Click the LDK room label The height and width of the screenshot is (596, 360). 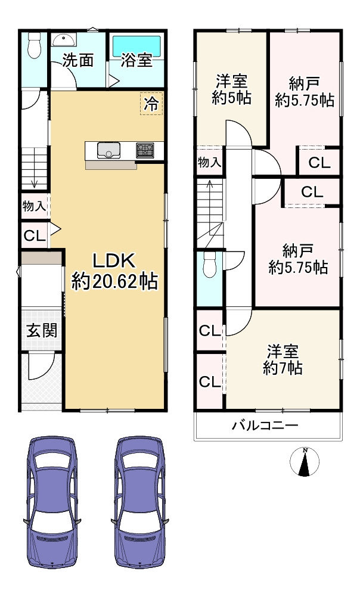click(x=114, y=260)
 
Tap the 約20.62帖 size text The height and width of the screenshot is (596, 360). click(x=114, y=280)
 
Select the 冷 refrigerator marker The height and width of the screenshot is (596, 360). click(x=151, y=104)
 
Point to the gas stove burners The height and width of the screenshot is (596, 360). click(x=145, y=150)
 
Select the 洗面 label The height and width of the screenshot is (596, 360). click(x=77, y=60)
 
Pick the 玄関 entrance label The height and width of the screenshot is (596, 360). click(x=42, y=330)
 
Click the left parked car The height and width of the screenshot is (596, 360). click(x=52, y=502)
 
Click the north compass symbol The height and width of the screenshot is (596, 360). click(x=305, y=462)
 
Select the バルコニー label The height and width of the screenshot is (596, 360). click(x=265, y=426)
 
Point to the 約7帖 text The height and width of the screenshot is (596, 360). click(x=283, y=368)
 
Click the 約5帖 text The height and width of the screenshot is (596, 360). click(x=231, y=97)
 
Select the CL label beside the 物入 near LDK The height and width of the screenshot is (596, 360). click(x=34, y=235)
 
